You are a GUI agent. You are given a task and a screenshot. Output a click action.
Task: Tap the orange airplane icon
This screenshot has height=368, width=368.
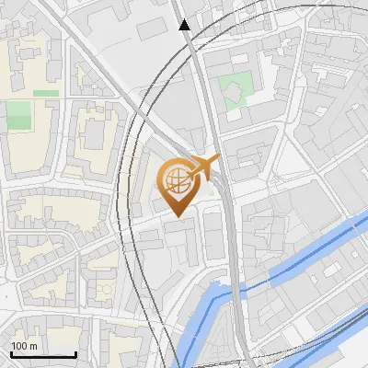point(204,167)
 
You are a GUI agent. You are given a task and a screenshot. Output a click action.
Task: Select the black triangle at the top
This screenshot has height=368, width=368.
point(185,25)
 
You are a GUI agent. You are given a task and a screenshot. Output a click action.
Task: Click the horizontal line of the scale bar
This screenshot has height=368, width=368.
point(42,354)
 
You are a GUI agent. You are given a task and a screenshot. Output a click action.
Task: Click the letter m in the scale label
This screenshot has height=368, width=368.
point(33,346)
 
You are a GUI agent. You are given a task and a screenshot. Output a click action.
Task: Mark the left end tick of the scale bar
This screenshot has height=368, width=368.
point(10,352)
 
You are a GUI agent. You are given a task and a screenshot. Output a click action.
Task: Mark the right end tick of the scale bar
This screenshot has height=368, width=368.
point(75,352)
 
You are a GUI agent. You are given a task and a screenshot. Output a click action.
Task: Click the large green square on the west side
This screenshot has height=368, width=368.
point(18,115)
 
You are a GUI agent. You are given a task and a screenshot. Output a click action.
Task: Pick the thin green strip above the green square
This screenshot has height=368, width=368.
point(46,93)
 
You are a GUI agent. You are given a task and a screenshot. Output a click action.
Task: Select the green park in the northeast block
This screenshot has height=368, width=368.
point(235,89)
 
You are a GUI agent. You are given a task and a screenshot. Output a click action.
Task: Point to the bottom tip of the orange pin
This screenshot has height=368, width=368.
point(177,216)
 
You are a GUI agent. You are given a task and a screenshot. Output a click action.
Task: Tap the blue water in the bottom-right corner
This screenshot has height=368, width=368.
point(354,354)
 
